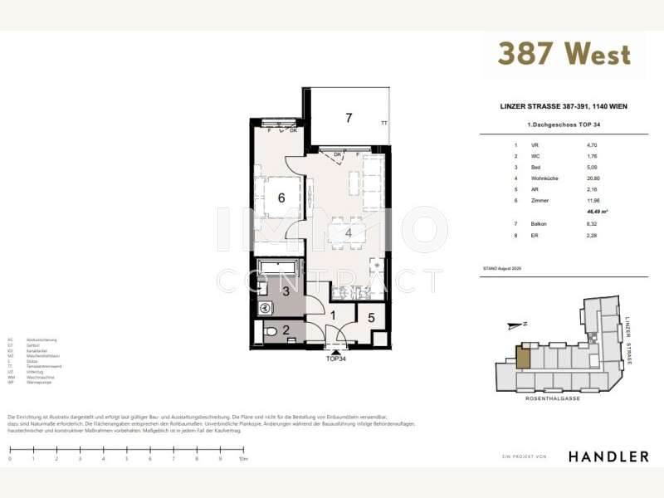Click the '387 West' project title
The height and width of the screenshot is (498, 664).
(x=564, y=54)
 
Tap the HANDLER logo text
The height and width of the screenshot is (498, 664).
(x=608, y=456)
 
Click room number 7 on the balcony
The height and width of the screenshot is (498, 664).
(x=349, y=117)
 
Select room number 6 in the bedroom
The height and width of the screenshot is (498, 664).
(x=281, y=198)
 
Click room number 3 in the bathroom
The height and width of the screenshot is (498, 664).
(x=285, y=290)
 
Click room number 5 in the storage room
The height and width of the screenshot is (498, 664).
(x=371, y=317)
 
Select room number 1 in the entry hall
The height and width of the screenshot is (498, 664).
(x=332, y=316)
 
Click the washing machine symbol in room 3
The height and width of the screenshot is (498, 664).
(x=266, y=307)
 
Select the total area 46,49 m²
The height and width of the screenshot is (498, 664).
(x=596, y=212)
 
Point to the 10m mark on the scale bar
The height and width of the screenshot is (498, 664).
(x=242, y=458)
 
